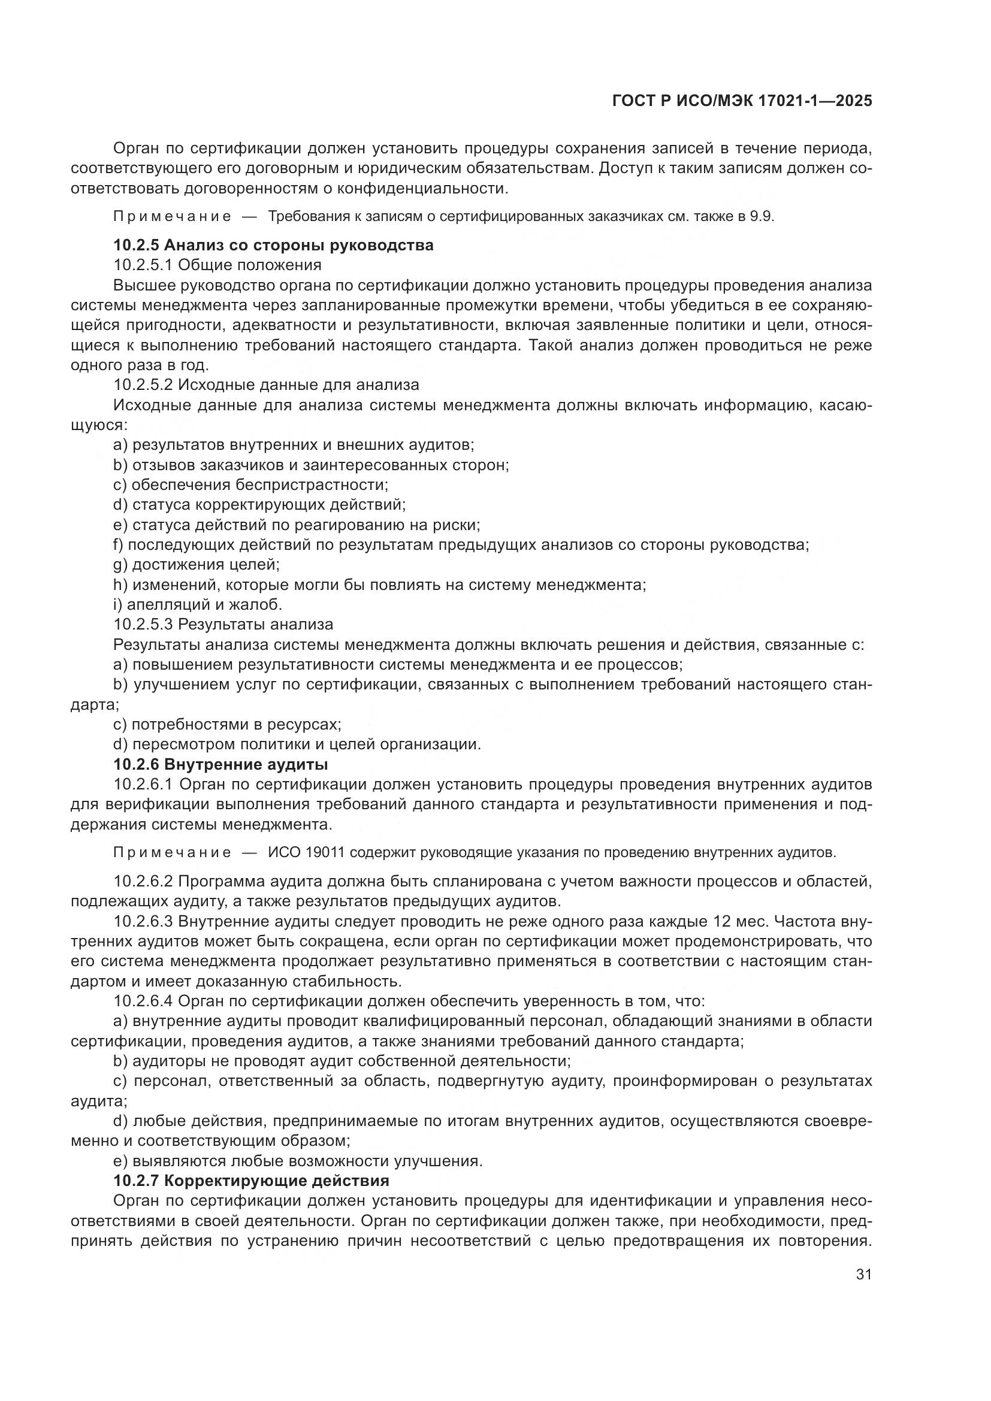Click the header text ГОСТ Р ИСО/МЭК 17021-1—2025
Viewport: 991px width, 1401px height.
741,101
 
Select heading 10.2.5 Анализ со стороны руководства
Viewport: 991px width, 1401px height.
273,246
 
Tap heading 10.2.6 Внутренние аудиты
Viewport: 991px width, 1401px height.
221,764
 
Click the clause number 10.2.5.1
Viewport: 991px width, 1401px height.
143,265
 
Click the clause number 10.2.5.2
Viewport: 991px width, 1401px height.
143,385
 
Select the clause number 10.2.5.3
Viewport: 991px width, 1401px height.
143,624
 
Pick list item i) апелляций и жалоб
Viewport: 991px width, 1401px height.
198,605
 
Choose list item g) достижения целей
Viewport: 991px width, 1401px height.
197,564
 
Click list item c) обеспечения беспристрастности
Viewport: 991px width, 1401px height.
251,485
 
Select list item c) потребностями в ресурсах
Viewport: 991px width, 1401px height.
227,724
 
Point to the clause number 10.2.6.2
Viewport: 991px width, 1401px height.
143,881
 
